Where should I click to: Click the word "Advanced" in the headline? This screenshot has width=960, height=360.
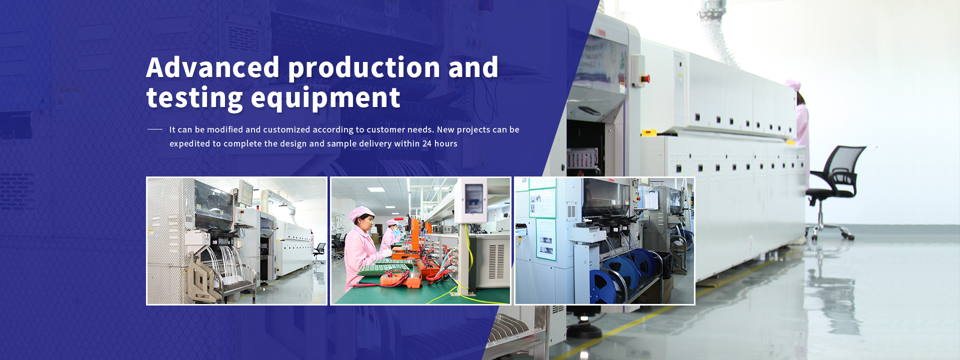coord(213,67)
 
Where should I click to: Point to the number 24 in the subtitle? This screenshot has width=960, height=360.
coord(427,143)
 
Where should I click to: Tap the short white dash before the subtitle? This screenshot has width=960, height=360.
coord(155,129)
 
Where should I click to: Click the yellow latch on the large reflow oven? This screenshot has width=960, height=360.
coord(649,132)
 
